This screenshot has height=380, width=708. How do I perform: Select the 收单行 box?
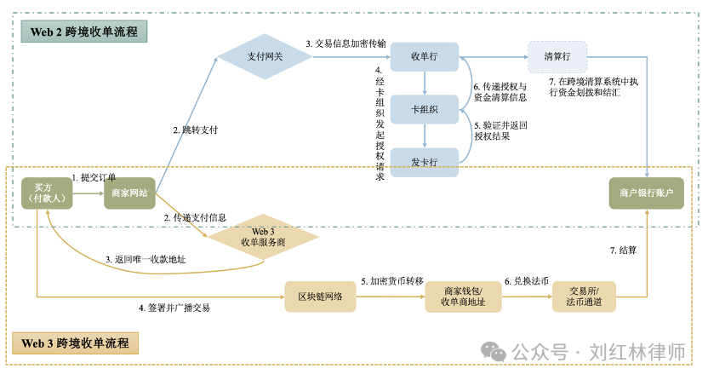(x=424, y=56)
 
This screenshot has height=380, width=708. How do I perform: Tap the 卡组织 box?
(x=424, y=109)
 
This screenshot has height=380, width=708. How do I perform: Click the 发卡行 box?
(x=424, y=161)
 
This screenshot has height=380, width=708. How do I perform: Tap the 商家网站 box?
(x=129, y=193)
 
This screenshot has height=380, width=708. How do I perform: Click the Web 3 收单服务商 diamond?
(x=259, y=236)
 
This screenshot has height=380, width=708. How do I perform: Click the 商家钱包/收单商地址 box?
(x=462, y=296)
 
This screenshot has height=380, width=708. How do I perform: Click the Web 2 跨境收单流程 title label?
(x=83, y=32)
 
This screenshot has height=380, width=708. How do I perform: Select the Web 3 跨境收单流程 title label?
(x=75, y=343)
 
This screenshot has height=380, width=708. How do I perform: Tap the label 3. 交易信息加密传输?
(x=345, y=43)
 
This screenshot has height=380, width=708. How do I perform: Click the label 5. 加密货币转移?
(x=391, y=280)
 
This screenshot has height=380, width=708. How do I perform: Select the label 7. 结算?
(x=623, y=250)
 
